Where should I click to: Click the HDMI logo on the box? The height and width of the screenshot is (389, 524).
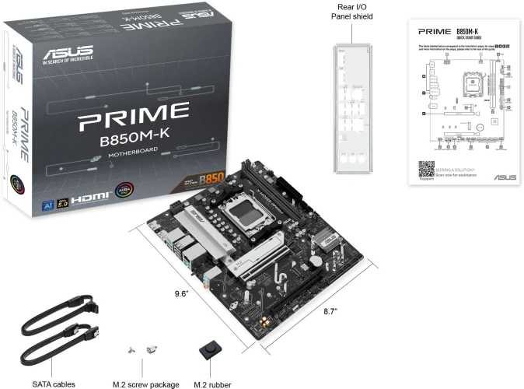[x=86, y=200]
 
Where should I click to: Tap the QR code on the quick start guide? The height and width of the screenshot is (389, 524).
[x=425, y=170]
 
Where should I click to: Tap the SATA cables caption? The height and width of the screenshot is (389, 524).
[x=54, y=384]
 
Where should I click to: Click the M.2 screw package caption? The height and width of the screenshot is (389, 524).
[x=146, y=384]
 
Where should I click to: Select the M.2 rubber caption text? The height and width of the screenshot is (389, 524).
[x=212, y=384]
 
